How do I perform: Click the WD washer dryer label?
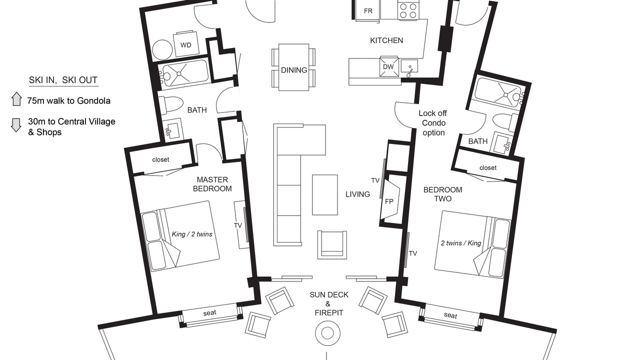(x=185, y=45)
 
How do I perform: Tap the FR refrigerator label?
(x=368, y=11)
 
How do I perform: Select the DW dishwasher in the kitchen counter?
(x=388, y=67)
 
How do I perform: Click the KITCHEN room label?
(x=386, y=40)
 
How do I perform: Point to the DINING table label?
(x=294, y=70)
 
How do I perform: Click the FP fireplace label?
(x=389, y=201)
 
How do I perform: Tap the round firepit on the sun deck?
(x=327, y=333)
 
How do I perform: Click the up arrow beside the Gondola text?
(x=16, y=99)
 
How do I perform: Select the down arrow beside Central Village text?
(x=16, y=125)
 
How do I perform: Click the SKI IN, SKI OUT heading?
(x=63, y=80)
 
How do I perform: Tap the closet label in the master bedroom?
(x=160, y=159)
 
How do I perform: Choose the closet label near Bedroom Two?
(x=487, y=167)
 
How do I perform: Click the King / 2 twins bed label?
(x=192, y=234)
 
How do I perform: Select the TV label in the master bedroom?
(x=238, y=225)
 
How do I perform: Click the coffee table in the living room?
(x=325, y=195)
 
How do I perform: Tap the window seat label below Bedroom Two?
(x=450, y=315)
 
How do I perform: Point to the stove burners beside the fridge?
(x=408, y=10)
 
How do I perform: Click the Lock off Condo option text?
(x=433, y=123)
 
